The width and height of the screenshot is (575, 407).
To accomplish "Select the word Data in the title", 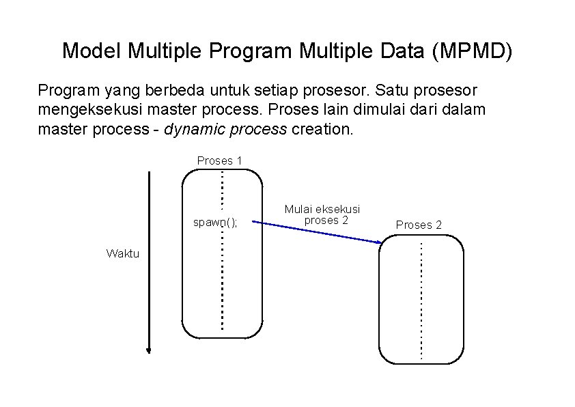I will tap(399, 51).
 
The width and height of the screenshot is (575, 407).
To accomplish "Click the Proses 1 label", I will tap(220, 160).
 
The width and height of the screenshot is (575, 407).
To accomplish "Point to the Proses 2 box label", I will tap(419, 225).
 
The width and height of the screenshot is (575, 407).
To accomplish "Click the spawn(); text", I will tap(215, 222).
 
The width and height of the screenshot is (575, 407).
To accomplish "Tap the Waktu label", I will tap(123, 253).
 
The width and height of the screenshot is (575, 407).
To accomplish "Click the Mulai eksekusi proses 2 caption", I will tap(322, 214).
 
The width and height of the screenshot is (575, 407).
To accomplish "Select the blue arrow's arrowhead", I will tap(378, 242).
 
